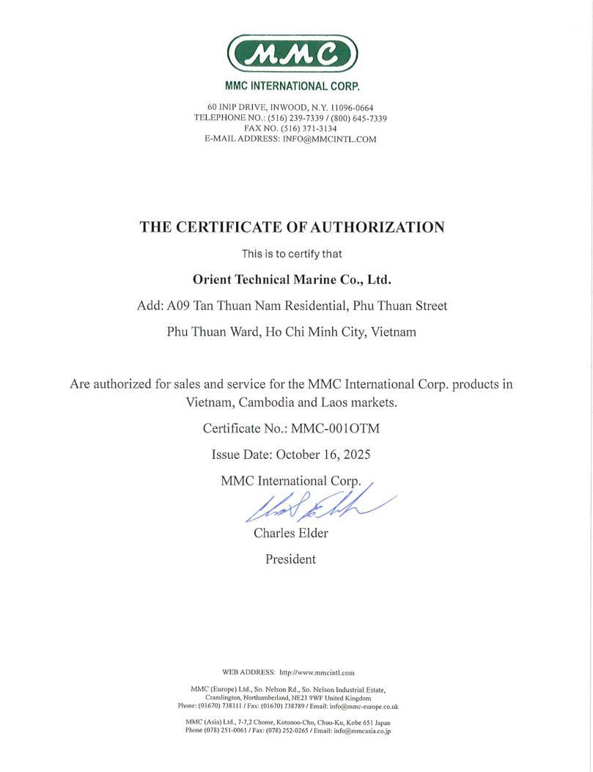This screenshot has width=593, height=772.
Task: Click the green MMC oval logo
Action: [x=292, y=54]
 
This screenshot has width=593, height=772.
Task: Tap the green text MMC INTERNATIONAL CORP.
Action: [x=292, y=86]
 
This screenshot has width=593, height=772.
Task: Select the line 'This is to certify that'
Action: [x=292, y=254]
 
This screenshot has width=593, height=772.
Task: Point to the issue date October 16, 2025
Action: [x=323, y=455]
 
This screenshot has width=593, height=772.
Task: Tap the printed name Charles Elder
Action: [x=291, y=533]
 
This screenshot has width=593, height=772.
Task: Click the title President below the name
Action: [x=290, y=559]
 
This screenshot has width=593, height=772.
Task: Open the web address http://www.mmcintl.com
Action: [x=317, y=672]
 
